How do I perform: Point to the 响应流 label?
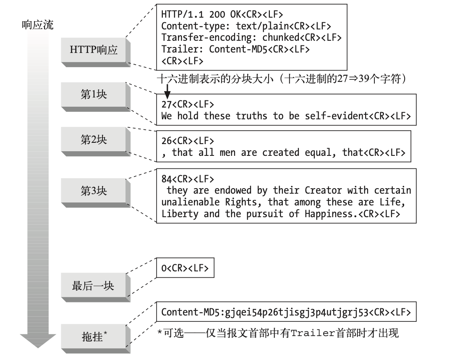37,25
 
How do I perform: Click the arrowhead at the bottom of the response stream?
38,340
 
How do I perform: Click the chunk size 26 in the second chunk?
167,141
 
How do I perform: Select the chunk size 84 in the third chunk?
167,179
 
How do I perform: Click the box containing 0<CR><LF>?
185,268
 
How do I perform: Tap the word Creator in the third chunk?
323,190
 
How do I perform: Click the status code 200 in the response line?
217,14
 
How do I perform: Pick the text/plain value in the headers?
262,26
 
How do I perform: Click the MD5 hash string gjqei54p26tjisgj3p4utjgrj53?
296,313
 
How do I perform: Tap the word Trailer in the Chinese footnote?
313,334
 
